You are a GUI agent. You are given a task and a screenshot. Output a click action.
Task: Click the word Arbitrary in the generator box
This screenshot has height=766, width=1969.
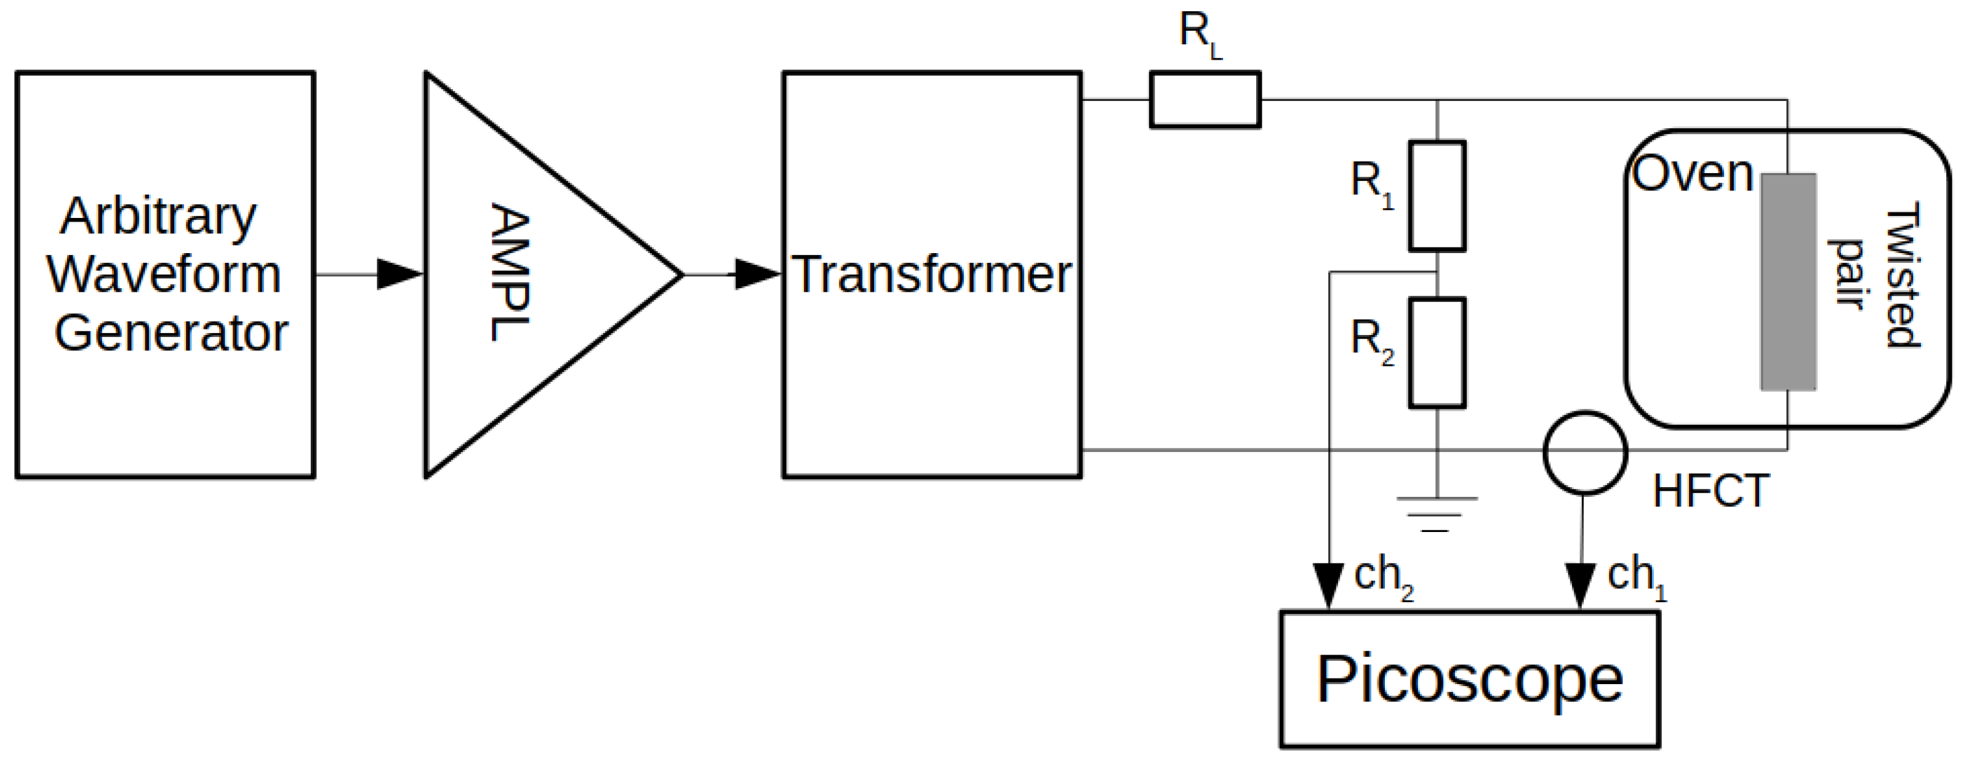[158, 217]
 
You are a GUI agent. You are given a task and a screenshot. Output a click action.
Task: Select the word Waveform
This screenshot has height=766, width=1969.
[164, 275]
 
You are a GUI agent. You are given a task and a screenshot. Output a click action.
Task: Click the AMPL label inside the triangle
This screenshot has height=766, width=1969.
[510, 273]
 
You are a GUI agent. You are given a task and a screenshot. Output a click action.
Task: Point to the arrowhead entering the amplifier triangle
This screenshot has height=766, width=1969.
[399, 275]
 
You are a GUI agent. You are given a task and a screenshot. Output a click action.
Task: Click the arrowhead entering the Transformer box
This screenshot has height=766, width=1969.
[756, 275]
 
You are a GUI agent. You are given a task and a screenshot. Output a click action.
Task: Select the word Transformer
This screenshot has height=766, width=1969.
[931, 275]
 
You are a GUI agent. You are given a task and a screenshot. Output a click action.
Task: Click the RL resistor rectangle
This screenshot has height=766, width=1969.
[1205, 99]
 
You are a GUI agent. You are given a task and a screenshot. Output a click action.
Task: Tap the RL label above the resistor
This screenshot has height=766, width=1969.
[1198, 34]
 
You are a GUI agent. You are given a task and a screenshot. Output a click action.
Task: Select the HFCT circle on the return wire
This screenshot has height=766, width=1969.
[1584, 453]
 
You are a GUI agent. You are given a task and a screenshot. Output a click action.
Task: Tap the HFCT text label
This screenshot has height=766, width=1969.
[1710, 491]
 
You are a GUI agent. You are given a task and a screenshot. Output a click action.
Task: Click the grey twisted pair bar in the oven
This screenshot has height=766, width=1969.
[1788, 282]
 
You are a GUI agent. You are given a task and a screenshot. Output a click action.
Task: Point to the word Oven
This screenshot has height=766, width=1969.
[1692, 174]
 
